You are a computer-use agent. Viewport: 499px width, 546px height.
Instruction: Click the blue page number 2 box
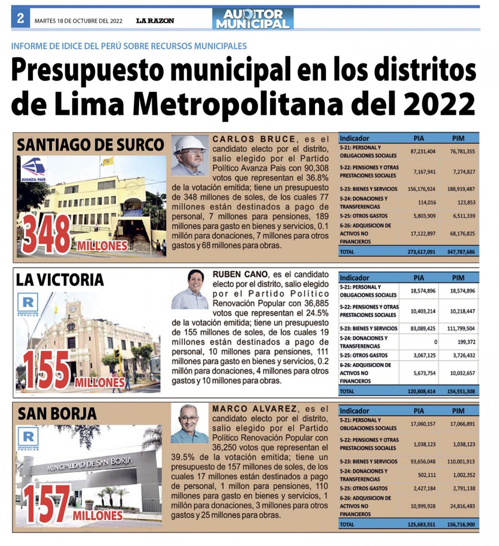tap(20, 18)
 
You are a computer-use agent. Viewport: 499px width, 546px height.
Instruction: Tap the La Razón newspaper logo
tap(155, 20)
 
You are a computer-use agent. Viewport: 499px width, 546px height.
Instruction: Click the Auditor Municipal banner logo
tap(253, 19)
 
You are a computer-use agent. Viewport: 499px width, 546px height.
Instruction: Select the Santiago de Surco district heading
tap(90, 145)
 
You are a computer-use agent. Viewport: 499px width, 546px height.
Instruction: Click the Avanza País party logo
tap(34, 169)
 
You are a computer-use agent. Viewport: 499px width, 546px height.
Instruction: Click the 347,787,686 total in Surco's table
tap(461, 252)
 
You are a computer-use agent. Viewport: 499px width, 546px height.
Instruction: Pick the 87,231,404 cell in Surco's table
tap(423, 152)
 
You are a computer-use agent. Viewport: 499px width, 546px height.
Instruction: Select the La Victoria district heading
tap(60, 280)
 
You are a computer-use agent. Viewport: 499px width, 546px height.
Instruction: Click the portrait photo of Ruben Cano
tap(190, 289)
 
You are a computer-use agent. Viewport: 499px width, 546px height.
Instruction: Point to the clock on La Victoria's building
tap(73, 308)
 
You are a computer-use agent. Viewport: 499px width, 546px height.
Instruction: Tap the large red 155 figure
tap(46, 370)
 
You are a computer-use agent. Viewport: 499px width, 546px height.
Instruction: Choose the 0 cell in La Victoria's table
tap(436, 342)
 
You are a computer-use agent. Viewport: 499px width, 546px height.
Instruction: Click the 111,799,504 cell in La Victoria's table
tap(461, 329)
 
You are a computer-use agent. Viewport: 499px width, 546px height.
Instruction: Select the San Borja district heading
tap(57, 414)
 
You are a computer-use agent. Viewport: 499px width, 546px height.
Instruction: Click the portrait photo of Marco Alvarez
tap(190, 423)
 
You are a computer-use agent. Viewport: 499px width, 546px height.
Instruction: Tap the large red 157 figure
tap(46, 504)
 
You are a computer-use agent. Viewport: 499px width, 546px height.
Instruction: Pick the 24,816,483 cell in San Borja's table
tap(462, 506)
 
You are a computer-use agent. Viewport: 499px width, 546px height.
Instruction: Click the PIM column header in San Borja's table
tap(458, 411)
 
